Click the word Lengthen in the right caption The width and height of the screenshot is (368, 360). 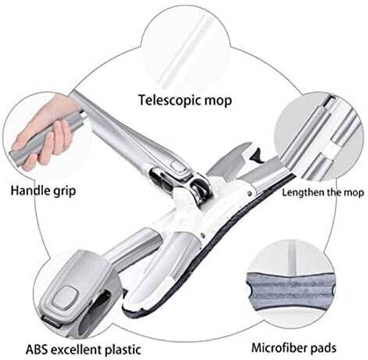[x=302, y=194]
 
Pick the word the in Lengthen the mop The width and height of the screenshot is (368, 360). [x=331, y=194]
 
